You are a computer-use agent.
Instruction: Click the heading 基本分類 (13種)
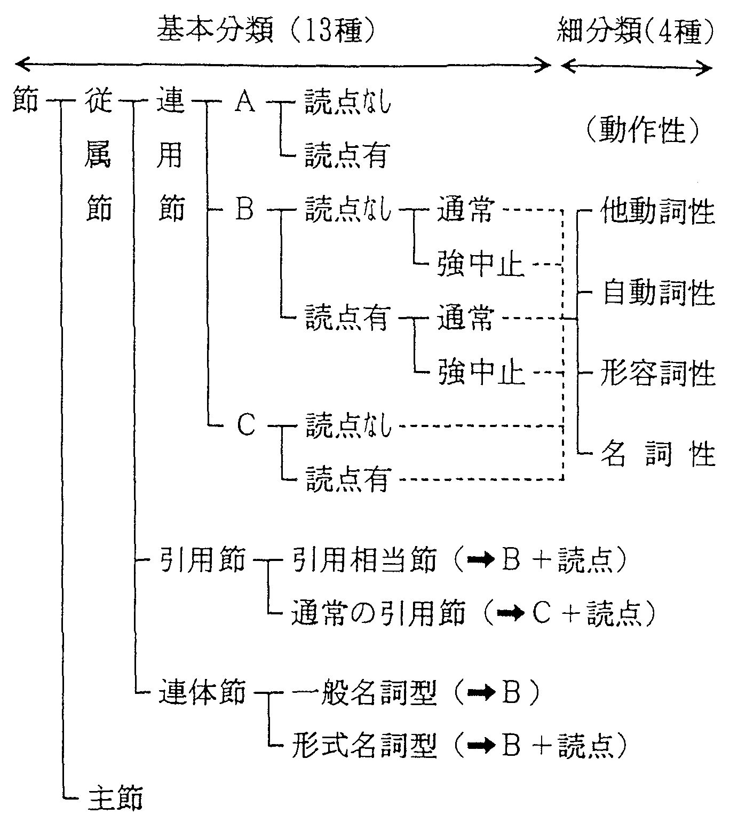click(266, 29)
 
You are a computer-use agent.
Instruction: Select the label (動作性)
click(644, 130)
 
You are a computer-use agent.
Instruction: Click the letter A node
click(245, 101)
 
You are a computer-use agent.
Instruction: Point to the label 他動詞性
click(657, 211)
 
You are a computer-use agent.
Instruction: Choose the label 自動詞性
click(658, 292)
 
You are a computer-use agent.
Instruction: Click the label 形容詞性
click(658, 373)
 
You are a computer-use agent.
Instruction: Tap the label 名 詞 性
click(658, 454)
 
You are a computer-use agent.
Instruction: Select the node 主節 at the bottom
click(116, 797)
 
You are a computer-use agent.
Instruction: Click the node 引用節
click(202, 559)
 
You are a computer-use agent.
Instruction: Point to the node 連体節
click(202, 692)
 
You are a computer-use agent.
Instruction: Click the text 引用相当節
click(364, 559)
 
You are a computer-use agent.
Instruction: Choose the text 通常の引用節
click(378, 613)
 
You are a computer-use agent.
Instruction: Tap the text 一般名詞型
click(364, 692)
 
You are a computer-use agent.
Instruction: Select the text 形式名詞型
click(364, 745)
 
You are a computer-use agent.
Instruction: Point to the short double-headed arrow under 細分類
click(636, 67)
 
